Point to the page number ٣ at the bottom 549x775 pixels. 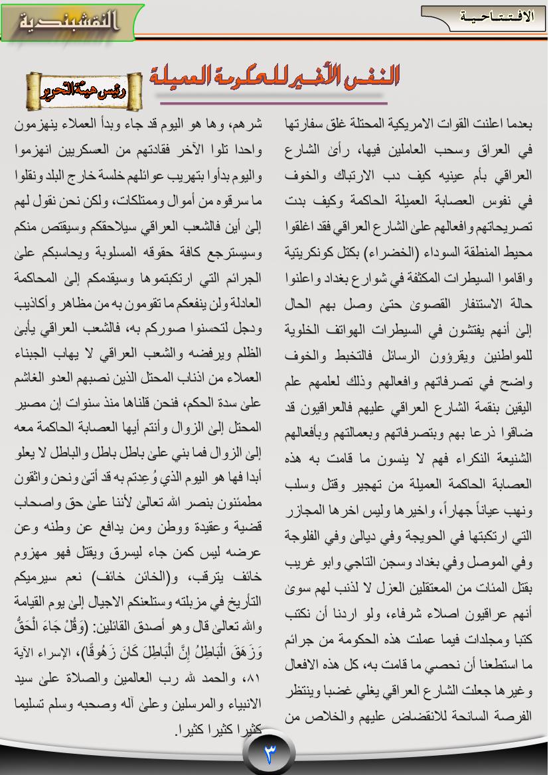tap(270, 754)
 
